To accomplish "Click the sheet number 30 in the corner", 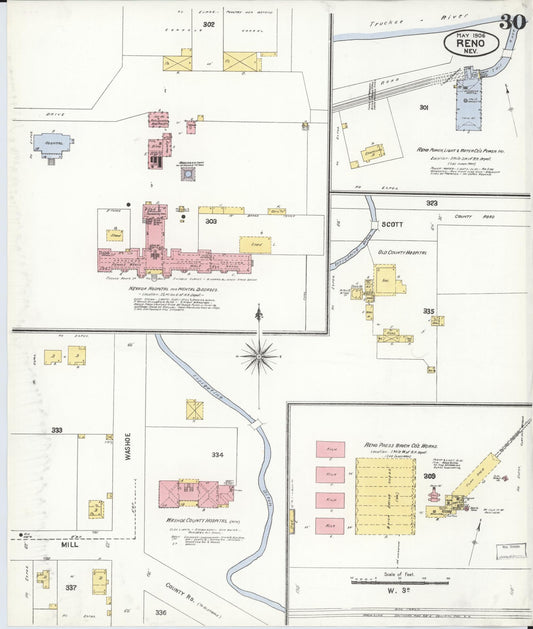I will [x=513, y=22].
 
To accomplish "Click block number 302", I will [x=208, y=23].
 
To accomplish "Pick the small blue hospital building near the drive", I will [x=52, y=145].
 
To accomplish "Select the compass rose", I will [x=259, y=351].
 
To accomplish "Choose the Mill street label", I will [x=67, y=546].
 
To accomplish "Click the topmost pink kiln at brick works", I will [x=330, y=449].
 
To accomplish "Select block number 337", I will [x=71, y=588].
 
